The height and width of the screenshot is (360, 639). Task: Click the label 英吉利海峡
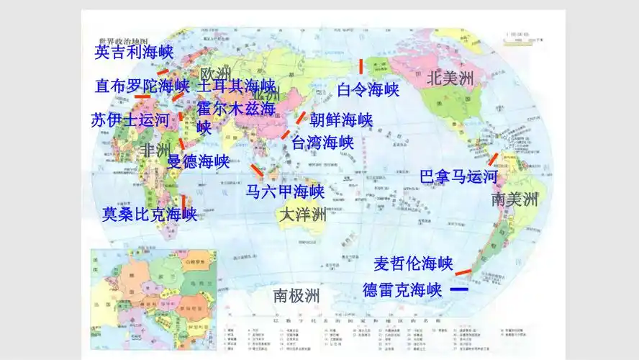point(135,52)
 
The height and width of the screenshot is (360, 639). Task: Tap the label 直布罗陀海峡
point(142,86)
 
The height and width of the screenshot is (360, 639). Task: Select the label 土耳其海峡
point(236,86)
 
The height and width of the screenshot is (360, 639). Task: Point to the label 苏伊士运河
point(130,120)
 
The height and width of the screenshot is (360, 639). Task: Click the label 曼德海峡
point(198,161)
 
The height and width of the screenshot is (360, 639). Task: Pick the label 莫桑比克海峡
point(150,214)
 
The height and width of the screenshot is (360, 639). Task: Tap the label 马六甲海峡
point(285,192)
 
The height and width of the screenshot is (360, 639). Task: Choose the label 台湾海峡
point(323,142)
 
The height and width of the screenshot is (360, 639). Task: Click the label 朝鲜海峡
point(341,120)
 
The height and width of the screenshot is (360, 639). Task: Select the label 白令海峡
point(368,90)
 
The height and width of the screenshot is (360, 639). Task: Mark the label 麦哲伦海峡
point(412,263)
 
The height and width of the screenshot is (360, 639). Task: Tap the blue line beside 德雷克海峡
point(458,289)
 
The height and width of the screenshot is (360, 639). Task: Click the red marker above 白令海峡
point(361,67)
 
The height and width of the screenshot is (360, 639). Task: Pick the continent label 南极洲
point(296,295)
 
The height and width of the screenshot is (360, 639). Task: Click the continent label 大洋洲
point(302,215)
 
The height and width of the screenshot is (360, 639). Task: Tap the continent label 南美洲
point(515,199)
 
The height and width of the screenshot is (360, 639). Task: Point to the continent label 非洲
point(155,150)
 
